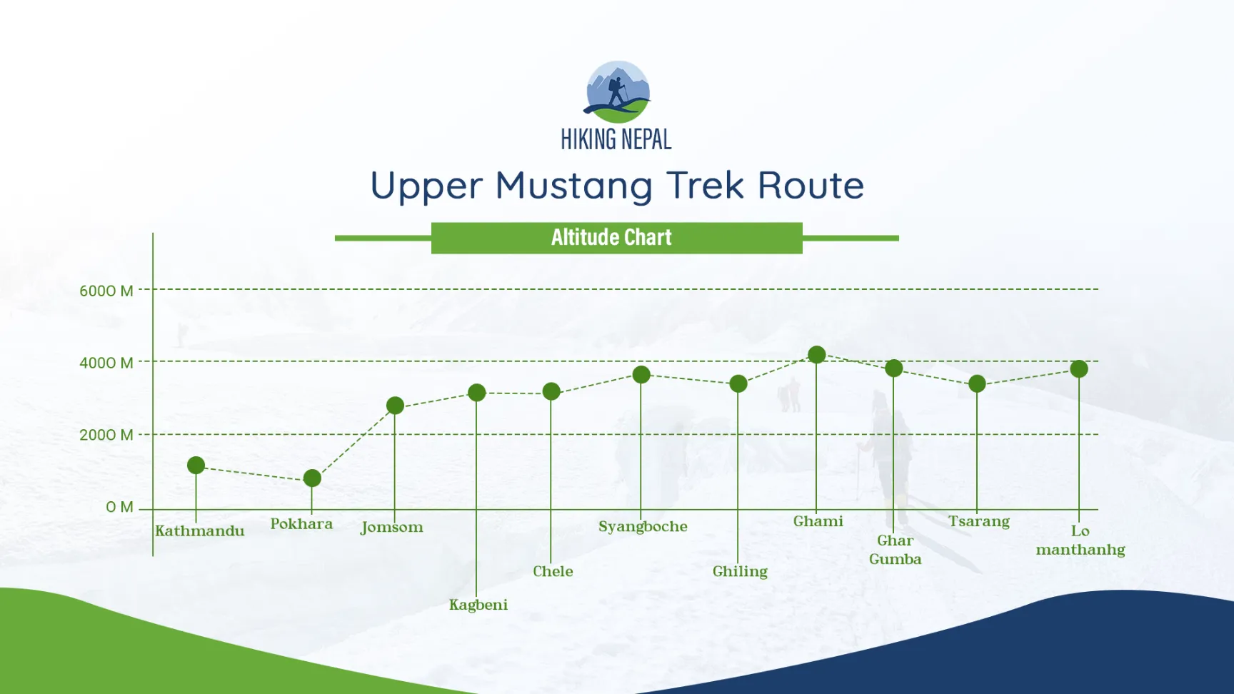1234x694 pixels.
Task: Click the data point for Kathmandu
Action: (x=196, y=466)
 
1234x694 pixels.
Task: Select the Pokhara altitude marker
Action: (x=312, y=478)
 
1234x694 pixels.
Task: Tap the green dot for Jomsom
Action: (x=395, y=406)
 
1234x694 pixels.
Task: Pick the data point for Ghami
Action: (x=817, y=355)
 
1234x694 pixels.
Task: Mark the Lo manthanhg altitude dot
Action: (x=1079, y=369)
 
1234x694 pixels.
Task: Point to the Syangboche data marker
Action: (x=641, y=375)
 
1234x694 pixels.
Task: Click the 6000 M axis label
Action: (x=106, y=291)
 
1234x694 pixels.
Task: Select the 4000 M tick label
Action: (x=106, y=363)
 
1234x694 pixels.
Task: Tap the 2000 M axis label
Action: (x=106, y=435)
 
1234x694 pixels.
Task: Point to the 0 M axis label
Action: (x=120, y=507)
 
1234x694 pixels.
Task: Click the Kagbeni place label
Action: (x=478, y=605)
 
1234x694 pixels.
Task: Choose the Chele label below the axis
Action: (x=553, y=571)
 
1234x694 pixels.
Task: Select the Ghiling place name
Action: (x=740, y=572)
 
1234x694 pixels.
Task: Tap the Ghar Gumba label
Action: (x=896, y=550)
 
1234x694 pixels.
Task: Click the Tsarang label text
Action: (x=979, y=522)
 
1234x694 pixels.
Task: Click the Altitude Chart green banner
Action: (x=617, y=238)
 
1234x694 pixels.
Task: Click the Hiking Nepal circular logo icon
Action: (x=618, y=92)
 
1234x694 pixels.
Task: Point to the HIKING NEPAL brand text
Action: (x=616, y=139)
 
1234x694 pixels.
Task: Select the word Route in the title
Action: (x=811, y=186)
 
